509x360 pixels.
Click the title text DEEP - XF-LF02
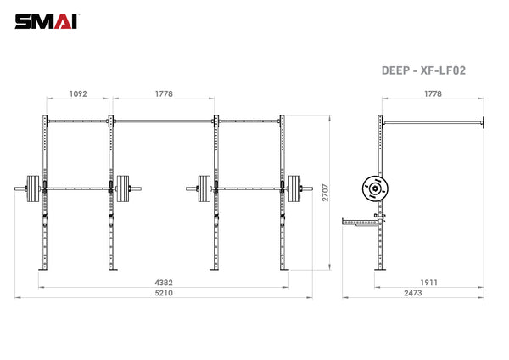423,72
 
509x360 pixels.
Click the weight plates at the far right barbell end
294,188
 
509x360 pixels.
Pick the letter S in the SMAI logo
23,19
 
